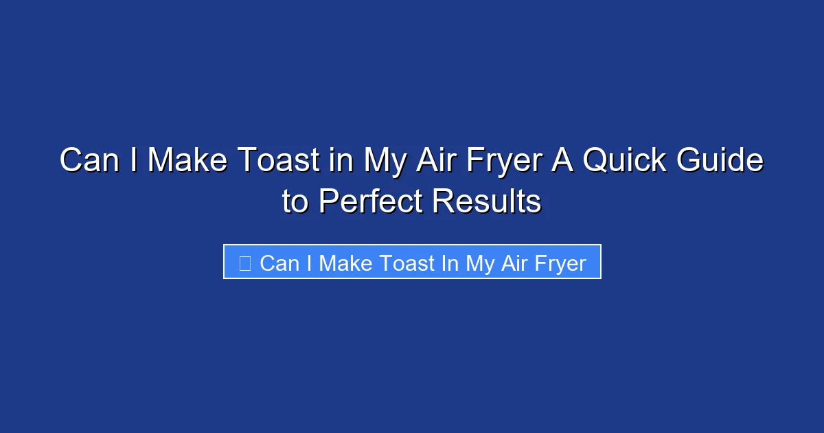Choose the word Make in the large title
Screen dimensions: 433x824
coord(190,162)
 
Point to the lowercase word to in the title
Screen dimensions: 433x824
coord(295,202)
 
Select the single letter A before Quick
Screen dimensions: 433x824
coord(571,162)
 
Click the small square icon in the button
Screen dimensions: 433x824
coord(244,263)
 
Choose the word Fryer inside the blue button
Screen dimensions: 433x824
coord(559,263)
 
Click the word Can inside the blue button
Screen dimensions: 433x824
coord(277,263)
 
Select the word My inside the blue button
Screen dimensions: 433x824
coord(479,263)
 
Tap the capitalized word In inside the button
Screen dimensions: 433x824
coord(450,263)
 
